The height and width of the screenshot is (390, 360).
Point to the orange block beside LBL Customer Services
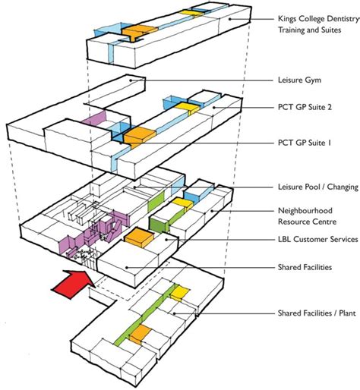pyautogui.click(x=137, y=237)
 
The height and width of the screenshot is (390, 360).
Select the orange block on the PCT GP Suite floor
pyautogui.click(x=139, y=137)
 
